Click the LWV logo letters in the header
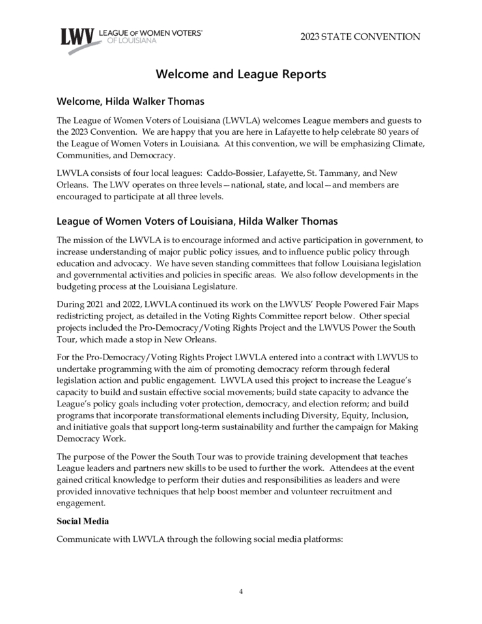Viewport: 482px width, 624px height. click(77, 37)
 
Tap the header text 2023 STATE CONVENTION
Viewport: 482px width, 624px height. click(360, 36)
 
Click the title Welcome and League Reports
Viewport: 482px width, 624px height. click(241, 74)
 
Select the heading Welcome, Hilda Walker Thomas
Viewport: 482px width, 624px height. click(131, 102)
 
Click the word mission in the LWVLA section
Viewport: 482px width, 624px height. click(89, 240)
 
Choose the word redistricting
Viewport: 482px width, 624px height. click(81, 317)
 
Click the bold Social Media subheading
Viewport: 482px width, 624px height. click(82, 522)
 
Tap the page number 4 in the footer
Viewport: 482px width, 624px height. click(241, 591)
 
